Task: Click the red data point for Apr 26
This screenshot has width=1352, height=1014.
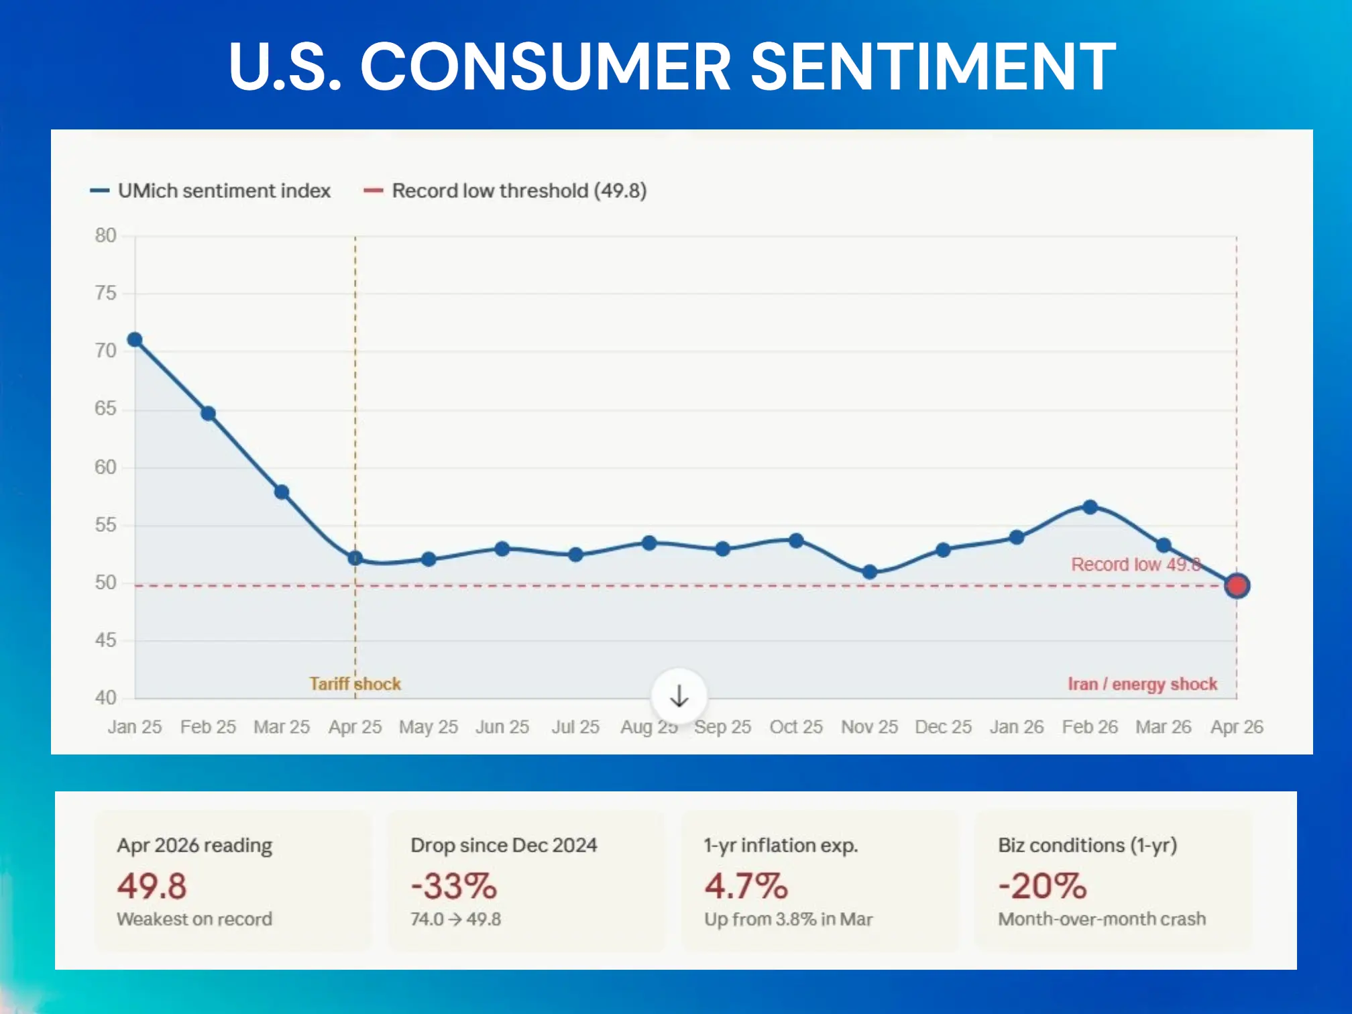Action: click(1237, 585)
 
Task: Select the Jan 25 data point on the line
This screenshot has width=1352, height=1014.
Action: click(135, 340)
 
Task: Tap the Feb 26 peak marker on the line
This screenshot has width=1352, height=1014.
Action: click(1090, 507)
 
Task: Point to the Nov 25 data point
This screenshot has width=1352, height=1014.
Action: click(869, 572)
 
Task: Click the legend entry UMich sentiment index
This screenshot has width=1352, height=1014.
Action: click(211, 191)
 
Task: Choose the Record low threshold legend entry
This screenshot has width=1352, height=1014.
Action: click(505, 191)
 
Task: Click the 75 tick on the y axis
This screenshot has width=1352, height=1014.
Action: click(105, 293)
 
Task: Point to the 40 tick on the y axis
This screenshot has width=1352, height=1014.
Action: click(105, 697)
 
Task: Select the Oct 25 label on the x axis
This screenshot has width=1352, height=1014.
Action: click(795, 727)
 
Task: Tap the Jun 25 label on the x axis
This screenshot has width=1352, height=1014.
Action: click(502, 727)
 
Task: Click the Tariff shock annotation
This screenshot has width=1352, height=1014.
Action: click(355, 684)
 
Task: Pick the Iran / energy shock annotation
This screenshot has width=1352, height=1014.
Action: click(1142, 684)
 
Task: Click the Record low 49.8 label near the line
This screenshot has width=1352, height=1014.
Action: click(1135, 565)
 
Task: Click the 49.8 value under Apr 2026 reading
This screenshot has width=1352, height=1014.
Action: click(152, 886)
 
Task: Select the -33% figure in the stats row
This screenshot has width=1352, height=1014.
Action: click(454, 886)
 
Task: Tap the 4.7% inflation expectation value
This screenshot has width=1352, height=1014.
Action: click(746, 886)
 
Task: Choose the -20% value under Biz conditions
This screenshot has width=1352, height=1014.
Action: click(1042, 886)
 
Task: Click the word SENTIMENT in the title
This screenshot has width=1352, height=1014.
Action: click(933, 66)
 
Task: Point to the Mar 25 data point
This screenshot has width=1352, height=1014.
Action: click(282, 492)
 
